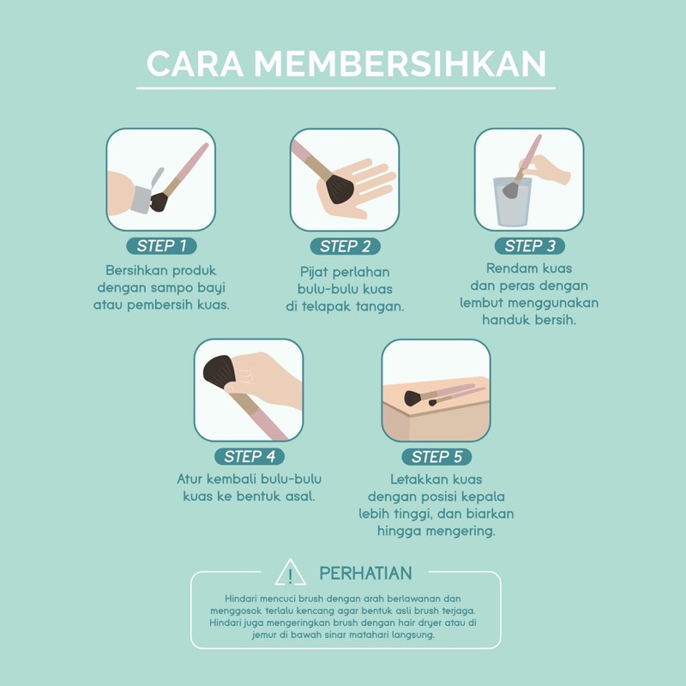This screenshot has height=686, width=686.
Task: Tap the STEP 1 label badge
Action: tap(161, 246)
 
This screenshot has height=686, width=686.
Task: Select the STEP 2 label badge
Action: tap(345, 247)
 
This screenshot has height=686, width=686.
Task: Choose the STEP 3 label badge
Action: tap(529, 246)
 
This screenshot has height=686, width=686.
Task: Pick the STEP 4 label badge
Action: tap(249, 456)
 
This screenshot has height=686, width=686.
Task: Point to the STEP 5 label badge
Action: tap(436, 456)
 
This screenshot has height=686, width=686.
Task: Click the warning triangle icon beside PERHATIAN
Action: tap(291, 573)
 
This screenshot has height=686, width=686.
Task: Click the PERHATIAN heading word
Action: tap(365, 573)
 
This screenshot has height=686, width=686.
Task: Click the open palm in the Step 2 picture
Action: tap(360, 184)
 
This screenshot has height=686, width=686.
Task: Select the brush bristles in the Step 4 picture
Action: tap(220, 371)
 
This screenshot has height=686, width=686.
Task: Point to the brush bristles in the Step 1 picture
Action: tap(159, 202)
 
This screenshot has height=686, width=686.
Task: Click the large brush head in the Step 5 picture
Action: tap(412, 398)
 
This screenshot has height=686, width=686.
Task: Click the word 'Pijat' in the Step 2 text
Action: tap(305, 270)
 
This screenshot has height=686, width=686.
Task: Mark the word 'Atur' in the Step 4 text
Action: tap(191, 478)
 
